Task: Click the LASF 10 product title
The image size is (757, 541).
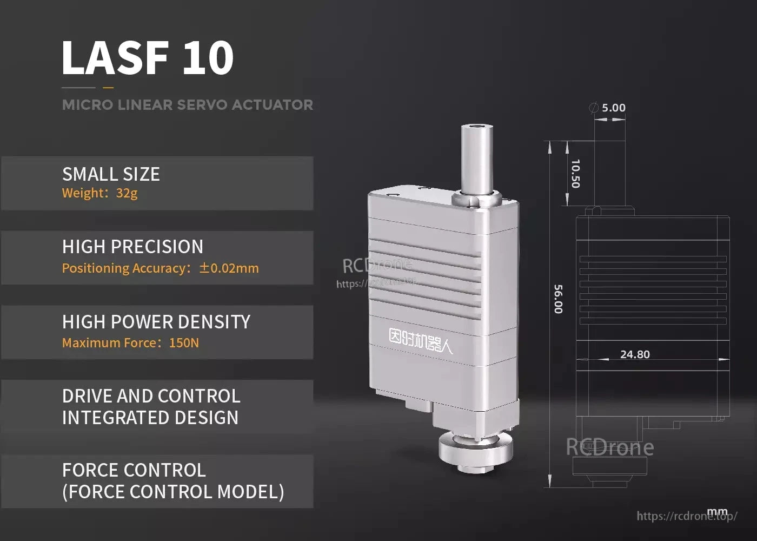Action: (148, 57)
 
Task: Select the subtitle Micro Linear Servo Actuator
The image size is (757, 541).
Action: (187, 105)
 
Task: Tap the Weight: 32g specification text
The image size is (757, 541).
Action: (100, 193)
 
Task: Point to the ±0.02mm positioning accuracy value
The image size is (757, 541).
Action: (229, 268)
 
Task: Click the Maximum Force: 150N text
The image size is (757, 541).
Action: (130, 343)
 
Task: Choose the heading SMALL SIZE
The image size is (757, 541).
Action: (111, 174)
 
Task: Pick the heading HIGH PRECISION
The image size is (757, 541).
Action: (132, 247)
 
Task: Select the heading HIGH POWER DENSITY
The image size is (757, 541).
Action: (156, 322)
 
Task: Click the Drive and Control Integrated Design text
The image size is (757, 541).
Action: (151, 407)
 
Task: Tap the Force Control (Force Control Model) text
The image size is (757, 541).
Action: (173, 481)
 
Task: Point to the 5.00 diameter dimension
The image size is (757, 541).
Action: (613, 108)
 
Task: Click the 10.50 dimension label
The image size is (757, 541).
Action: (575, 174)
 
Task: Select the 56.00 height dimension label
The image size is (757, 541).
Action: (559, 299)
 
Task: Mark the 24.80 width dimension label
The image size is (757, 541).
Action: (635, 355)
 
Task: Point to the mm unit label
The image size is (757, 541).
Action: (717, 512)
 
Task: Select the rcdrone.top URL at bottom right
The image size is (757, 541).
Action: (687, 516)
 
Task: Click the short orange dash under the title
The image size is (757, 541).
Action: (108, 87)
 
